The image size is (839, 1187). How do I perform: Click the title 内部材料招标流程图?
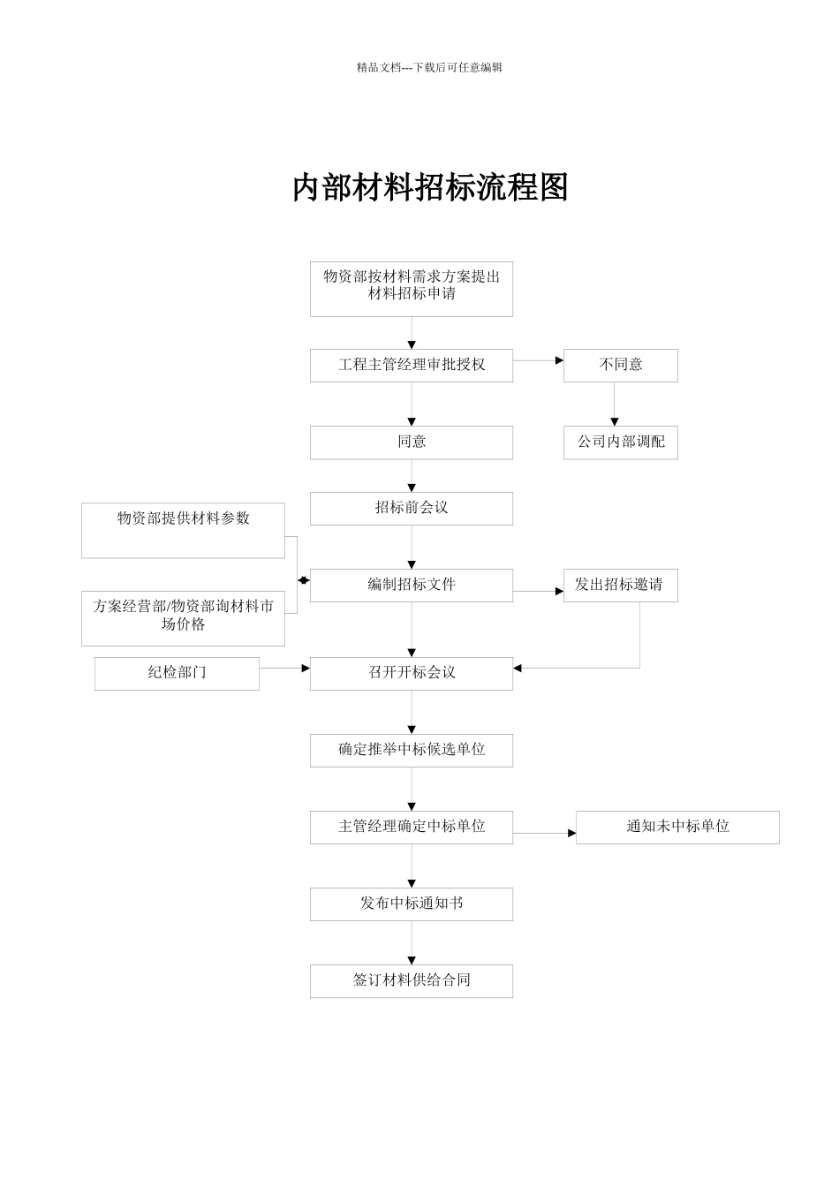pyautogui.click(x=430, y=187)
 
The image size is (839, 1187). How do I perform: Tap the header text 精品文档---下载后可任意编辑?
pyautogui.click(x=429, y=67)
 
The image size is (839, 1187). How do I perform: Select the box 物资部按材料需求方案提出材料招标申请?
pyautogui.click(x=411, y=289)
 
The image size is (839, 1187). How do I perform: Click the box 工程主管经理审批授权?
pyautogui.click(x=411, y=365)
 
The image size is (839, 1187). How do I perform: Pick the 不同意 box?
pyautogui.click(x=620, y=365)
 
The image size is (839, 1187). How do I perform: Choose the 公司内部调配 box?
pyautogui.click(x=620, y=442)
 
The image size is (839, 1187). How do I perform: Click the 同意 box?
pyautogui.click(x=411, y=442)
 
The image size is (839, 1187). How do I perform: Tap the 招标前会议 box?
pyautogui.click(x=411, y=508)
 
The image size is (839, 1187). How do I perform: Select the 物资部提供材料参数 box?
pyautogui.click(x=183, y=530)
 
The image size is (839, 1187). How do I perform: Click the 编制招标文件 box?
pyautogui.click(x=411, y=585)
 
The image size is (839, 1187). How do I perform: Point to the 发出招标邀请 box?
pyautogui.click(x=620, y=585)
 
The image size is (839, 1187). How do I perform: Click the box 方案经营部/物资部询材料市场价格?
pyautogui.click(x=183, y=617)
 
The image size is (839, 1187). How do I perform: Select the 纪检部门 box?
pyautogui.click(x=177, y=673)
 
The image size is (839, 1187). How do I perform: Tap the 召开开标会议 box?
pyautogui.click(x=411, y=673)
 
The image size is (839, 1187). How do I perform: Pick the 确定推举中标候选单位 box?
pyautogui.click(x=411, y=750)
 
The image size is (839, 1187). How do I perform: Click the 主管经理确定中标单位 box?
pyautogui.click(x=411, y=827)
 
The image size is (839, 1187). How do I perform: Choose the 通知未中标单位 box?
pyautogui.click(x=676, y=827)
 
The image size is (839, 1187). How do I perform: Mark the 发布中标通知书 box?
pyautogui.click(x=411, y=903)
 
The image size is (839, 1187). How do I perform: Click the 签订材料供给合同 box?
pyautogui.click(x=411, y=980)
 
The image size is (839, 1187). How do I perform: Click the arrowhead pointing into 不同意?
pyautogui.click(x=559, y=360)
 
